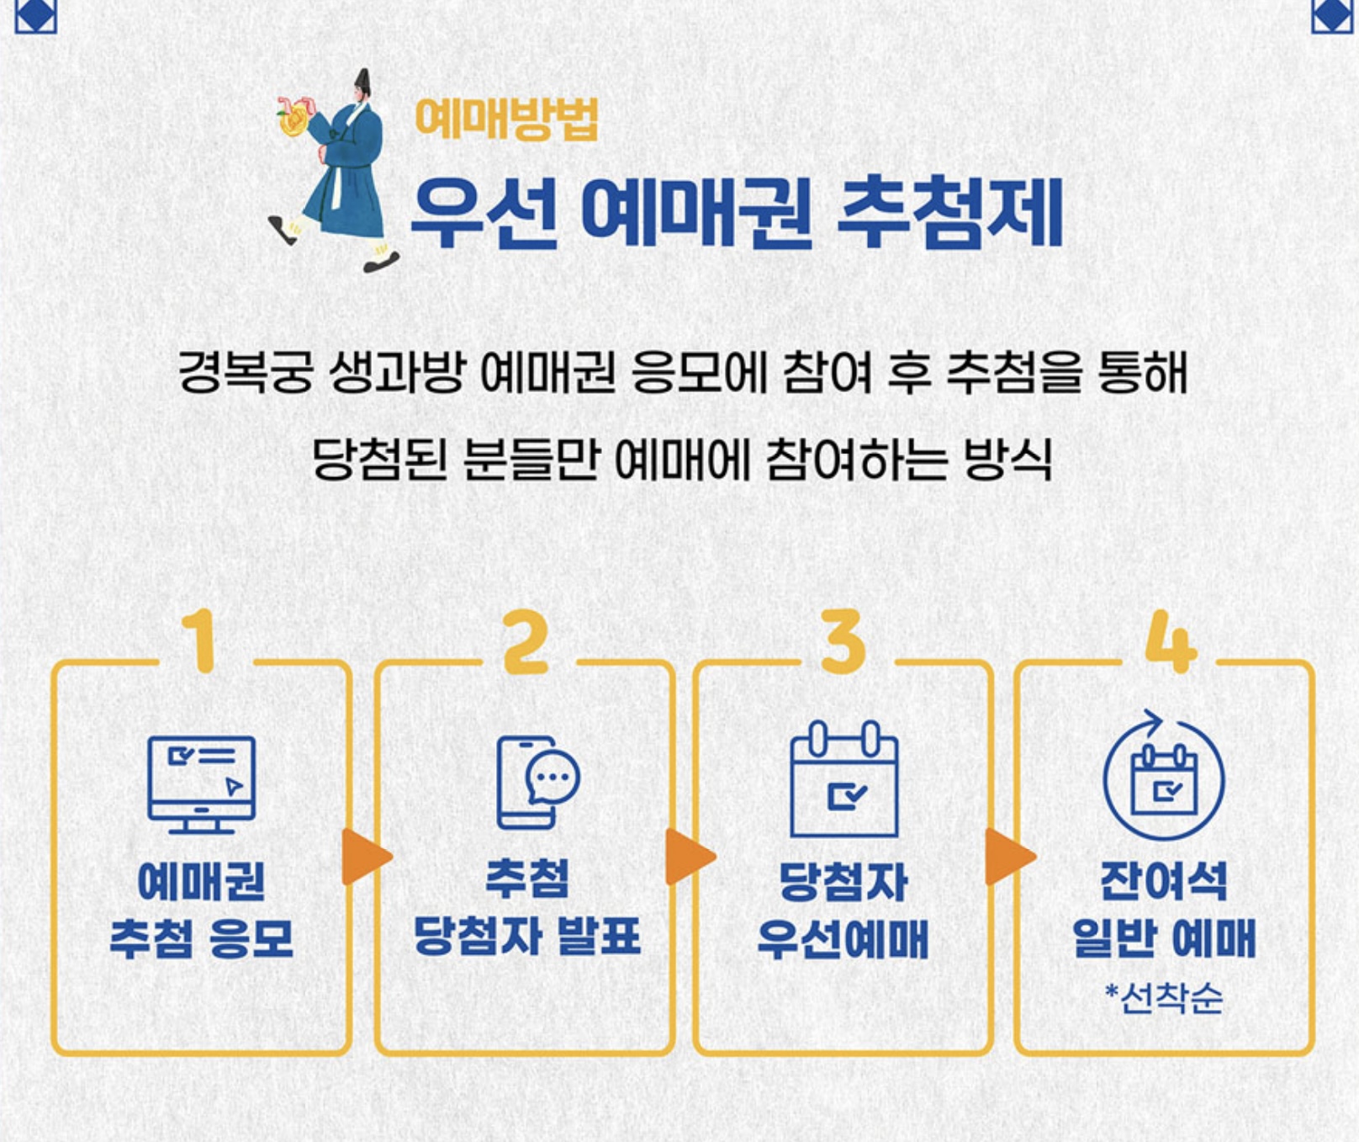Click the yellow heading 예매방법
(506, 119)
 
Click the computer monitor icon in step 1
(202, 783)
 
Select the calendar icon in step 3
(844, 779)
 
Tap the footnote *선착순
(1164, 998)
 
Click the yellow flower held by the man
(293, 122)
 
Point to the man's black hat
(362, 82)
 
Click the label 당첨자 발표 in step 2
(526, 937)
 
